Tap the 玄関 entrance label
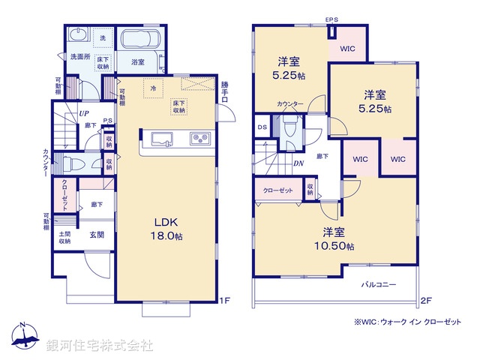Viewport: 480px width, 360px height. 97,234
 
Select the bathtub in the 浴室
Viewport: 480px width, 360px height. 138,41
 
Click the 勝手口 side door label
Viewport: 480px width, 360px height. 224,92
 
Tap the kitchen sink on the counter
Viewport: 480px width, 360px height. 163,138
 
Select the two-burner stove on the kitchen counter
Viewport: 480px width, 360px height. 200,138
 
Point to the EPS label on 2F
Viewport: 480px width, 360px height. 331,21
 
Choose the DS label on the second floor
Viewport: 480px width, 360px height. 262,127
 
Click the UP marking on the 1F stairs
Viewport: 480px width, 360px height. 84,115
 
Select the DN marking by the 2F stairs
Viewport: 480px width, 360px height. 298,163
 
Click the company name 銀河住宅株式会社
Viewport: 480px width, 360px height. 101,346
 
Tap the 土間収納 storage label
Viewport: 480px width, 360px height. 65,237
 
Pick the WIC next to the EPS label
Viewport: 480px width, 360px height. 347,48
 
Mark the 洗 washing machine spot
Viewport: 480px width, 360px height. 102,37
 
